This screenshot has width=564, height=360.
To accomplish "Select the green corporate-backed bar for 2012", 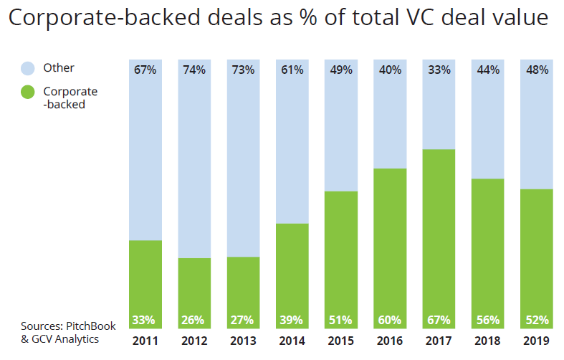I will pos(194,287).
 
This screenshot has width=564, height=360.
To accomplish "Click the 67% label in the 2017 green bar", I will pos(439,320).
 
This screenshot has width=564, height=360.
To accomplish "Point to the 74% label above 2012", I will pos(194,70).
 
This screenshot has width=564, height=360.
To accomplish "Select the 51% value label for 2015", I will pos(341,320).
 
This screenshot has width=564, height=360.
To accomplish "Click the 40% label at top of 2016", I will pos(390,70).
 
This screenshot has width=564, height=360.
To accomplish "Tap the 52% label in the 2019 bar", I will pos(537,320).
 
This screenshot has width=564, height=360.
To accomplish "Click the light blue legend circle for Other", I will pos(27,69).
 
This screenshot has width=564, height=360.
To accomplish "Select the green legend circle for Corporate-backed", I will pos(27,93).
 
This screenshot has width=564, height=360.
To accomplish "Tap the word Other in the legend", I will pos(59,68).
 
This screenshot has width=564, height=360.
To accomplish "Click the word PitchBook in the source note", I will pos(91,326).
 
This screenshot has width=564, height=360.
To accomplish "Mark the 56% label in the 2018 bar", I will pos(487,320).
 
